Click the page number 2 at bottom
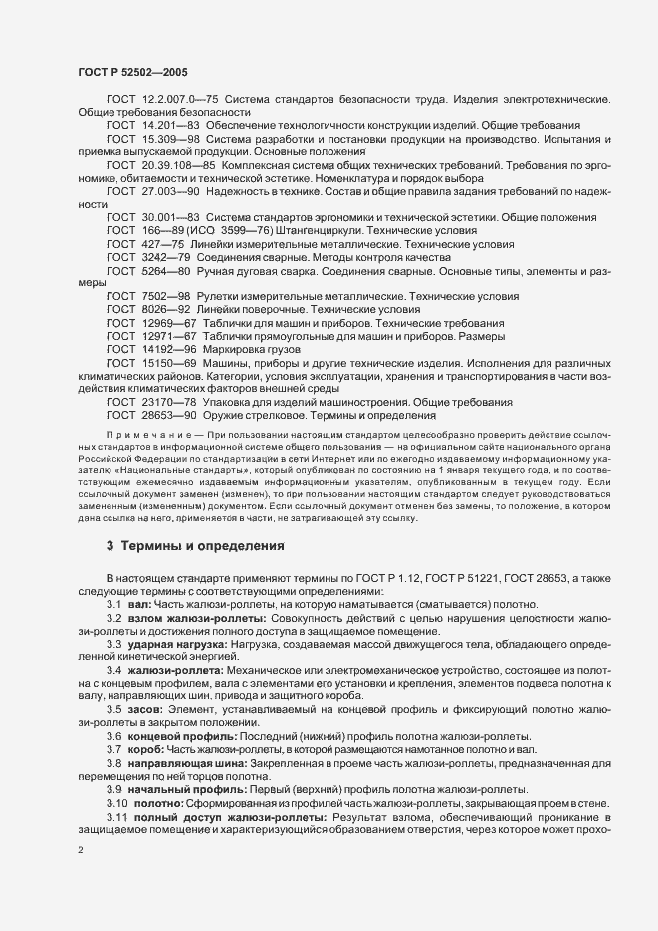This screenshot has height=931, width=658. [x=80, y=851]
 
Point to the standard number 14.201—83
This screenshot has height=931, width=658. [x=170, y=127]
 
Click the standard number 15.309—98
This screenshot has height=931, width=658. [x=170, y=140]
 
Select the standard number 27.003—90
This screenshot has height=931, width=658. [x=170, y=190]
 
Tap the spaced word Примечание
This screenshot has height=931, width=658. [x=138, y=435]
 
